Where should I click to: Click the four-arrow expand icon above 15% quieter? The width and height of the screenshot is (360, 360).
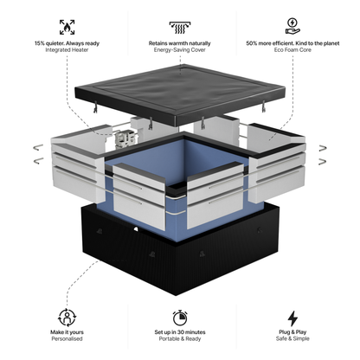(67, 26)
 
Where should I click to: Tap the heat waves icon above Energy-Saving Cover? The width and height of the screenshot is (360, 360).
(181, 26)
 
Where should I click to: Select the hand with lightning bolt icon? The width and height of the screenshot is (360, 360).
(292, 26)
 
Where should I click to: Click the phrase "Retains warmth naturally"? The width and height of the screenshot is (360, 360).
(181, 42)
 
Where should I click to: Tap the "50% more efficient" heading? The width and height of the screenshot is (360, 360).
(292, 42)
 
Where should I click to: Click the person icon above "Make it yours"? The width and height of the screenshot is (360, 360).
(67, 317)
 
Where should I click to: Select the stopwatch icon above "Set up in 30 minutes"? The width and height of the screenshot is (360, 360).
(181, 317)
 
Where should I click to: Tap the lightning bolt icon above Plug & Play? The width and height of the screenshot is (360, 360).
(292, 317)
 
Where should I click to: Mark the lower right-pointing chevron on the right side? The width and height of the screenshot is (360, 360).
(322, 161)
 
